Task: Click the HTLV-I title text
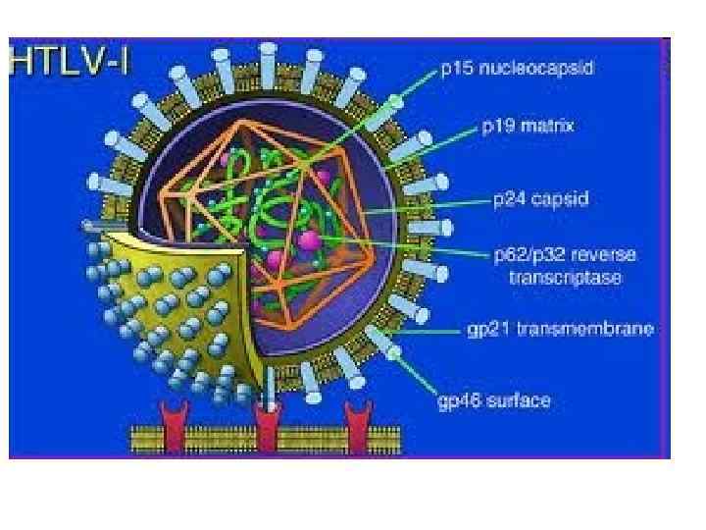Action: pyautogui.click(x=69, y=62)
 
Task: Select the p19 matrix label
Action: pyautogui.click(x=528, y=126)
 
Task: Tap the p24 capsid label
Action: pyautogui.click(x=540, y=199)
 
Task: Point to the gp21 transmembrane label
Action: pyautogui.click(x=560, y=329)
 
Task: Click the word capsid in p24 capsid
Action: pyautogui.click(x=565, y=199)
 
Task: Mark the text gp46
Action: pyautogui.click(x=459, y=399)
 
